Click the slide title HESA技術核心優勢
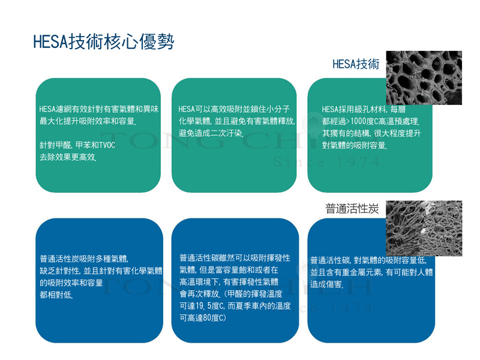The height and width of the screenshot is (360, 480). [103, 41]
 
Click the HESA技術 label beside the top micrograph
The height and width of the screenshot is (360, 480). [356, 64]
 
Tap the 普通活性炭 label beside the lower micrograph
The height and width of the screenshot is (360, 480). [352, 208]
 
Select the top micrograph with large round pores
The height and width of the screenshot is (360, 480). [424, 78]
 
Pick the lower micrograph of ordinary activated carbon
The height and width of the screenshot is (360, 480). [424, 228]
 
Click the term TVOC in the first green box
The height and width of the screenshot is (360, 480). [107, 145]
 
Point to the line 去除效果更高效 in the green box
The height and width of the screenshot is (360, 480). [68, 157]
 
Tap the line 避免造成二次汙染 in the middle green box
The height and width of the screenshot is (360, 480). [211, 133]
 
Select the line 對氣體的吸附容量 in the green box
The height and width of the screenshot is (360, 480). [355, 145]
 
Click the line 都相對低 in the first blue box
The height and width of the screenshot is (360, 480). [56, 295]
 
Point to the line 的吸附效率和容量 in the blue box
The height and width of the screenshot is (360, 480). [71, 283]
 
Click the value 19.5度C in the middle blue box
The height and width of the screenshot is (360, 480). [207, 306]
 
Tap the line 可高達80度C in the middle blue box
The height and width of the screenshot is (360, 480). [203, 318]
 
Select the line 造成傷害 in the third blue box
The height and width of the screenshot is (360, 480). [326, 284]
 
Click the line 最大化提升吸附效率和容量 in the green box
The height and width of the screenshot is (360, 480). [88, 121]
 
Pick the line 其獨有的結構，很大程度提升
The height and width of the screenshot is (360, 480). [371, 133]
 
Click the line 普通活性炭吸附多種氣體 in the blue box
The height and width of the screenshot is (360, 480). [84, 259]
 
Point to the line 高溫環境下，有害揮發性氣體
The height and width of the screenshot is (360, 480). [229, 281]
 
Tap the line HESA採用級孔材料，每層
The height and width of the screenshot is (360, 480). [364, 109]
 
